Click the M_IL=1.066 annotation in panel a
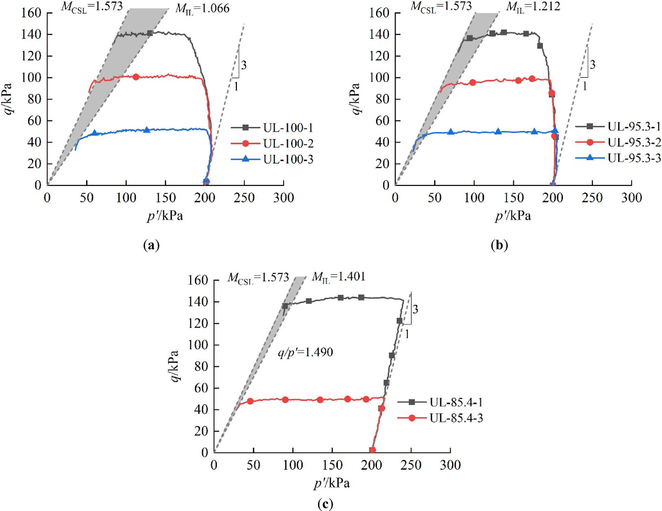click(202, 9)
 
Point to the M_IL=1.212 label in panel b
click(533, 7)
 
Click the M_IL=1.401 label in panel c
click(338, 276)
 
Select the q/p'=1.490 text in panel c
click(305, 352)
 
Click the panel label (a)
click(151, 245)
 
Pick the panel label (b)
click(499, 245)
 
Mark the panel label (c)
click(325, 504)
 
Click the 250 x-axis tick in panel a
click(244, 198)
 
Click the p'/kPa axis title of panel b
click(513, 216)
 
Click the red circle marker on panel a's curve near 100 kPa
click(136, 77)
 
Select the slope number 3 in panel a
click(244, 65)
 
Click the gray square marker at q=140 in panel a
click(150, 33)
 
